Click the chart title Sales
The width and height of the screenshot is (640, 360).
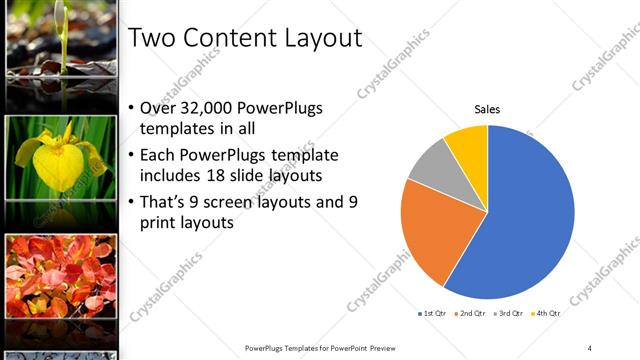point(487,109)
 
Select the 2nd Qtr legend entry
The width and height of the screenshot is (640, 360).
point(471,313)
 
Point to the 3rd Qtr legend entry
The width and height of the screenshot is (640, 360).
point(509,313)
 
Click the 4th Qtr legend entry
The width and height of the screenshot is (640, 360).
point(546,313)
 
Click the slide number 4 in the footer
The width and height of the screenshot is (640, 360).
point(589,347)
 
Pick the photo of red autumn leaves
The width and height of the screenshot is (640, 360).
point(61,277)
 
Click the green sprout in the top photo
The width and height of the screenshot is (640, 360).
point(62,35)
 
